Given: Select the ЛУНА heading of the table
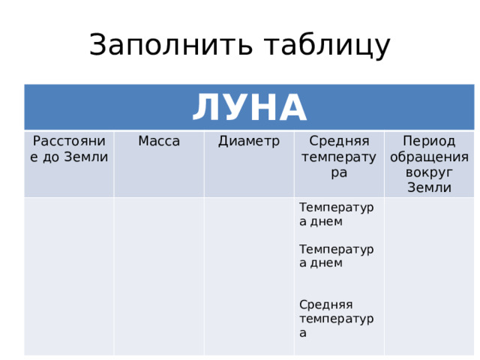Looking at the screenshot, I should tap(249, 108).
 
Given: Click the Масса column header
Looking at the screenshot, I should tap(159, 141).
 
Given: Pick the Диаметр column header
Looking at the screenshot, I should tap(249, 141).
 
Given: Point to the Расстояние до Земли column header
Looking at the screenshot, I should tap(69, 148).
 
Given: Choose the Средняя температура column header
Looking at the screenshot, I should tap(339, 157).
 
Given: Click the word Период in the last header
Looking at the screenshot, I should tap(429, 141).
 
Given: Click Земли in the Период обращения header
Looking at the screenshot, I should tap(429, 187).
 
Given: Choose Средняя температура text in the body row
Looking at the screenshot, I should tap(336, 318).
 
